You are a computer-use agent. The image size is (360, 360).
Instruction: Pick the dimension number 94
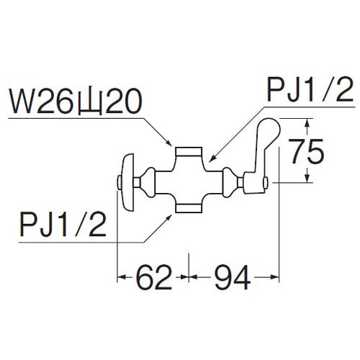coord(231,275)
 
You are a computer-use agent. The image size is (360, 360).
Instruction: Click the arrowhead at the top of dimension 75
coord(307,120)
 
